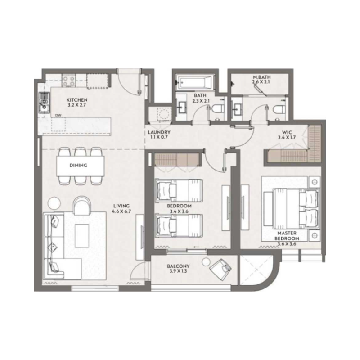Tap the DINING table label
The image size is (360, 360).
78,165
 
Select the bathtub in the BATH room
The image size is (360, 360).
193,83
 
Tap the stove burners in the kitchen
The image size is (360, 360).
68,81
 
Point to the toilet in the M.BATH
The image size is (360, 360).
277,108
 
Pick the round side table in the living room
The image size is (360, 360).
54,202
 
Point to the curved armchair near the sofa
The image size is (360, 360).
82,207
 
